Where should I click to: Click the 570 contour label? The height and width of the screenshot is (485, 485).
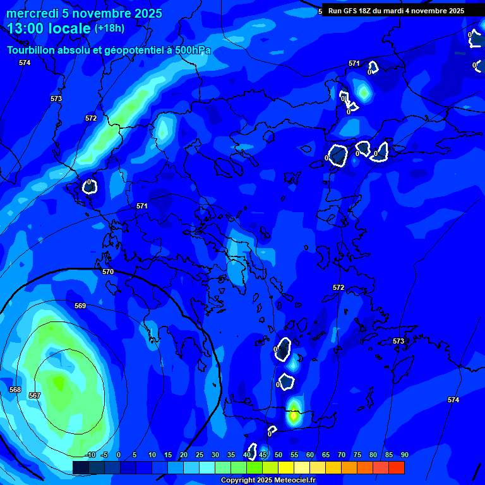coord(108,272)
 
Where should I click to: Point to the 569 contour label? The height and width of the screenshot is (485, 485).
coord(80,306)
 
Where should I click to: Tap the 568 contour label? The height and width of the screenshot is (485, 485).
coord(15,390)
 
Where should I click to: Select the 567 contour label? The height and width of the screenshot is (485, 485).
coord(35,395)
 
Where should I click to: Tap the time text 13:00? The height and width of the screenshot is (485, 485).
coord(27,28)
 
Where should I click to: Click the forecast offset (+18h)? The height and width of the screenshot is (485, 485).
coord(109,28)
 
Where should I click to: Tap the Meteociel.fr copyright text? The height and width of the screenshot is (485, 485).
coord(268,481)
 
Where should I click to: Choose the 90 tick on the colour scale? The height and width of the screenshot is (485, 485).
coord(404,455)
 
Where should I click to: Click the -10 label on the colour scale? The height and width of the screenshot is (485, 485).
coord(90,455)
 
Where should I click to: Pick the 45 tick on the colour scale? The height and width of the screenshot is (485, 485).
coord(262,455)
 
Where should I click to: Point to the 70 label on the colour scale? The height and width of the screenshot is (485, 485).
coord(341,455)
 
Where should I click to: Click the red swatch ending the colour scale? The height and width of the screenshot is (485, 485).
coord(396,467)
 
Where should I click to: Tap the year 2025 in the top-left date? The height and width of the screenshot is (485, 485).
coord(147,13)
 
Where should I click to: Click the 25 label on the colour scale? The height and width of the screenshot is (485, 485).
coord(199,455)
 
